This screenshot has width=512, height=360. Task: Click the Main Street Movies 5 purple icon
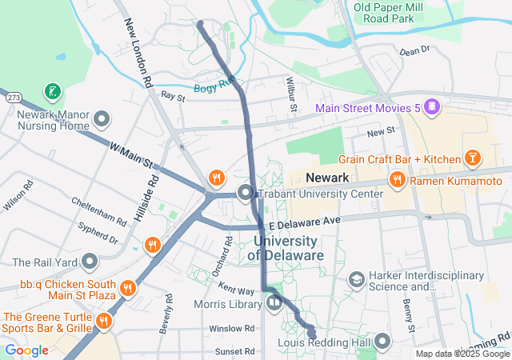431,106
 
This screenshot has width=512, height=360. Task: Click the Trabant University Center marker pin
246,192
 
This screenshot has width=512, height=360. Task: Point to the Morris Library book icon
274,302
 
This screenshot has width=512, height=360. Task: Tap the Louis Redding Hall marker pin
382,343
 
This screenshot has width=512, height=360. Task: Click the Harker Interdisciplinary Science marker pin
356,279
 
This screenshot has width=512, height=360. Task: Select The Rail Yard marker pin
89,262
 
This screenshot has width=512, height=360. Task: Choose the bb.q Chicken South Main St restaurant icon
127,287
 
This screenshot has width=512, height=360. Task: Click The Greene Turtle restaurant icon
102,321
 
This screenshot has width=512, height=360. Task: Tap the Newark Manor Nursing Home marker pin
102,120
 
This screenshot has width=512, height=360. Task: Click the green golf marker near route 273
52,92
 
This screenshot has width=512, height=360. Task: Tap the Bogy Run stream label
214,87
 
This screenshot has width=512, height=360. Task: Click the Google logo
26,350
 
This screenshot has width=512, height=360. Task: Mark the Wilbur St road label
293,94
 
